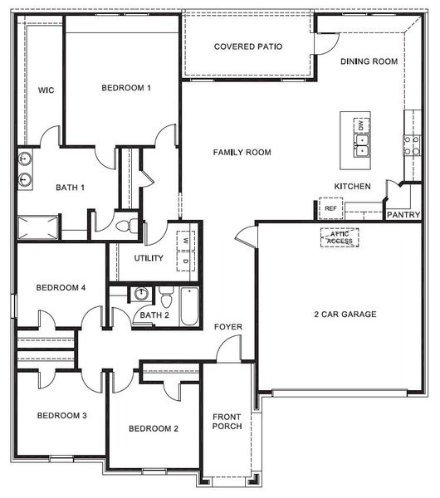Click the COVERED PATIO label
coord(247,46)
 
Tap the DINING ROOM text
coord(369,61)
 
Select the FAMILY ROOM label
coord(242,153)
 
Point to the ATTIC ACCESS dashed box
coord(340,237)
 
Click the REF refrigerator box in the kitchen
coord(330,208)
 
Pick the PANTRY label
coord(403,214)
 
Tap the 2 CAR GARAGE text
coord(345,315)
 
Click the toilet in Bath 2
coord(165,296)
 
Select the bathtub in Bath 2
coord(190,306)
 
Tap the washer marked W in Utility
coord(186,242)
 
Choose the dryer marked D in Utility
coord(186,261)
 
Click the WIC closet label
coord(46,90)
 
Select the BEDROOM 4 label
coord(61,288)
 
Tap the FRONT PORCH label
coord(227,422)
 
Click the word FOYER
coord(228,327)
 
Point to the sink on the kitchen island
coord(362,148)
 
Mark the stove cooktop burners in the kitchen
coord(410,146)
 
